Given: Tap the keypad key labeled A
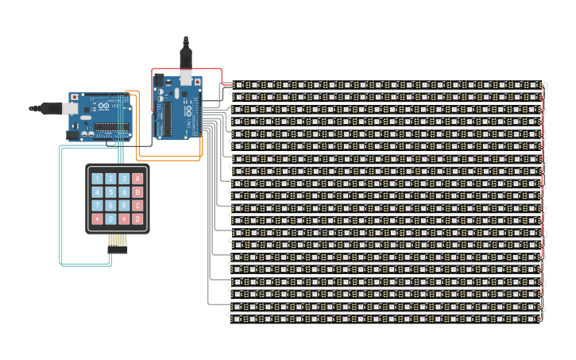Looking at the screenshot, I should tap(137, 179).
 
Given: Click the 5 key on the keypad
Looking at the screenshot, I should tap(111, 192).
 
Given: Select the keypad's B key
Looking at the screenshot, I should tap(137, 192).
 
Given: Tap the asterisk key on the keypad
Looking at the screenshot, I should tap(98, 219).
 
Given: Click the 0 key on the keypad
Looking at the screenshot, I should tap(111, 219).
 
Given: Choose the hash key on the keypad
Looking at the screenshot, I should tap(124, 219).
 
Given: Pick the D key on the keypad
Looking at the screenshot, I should tap(137, 219).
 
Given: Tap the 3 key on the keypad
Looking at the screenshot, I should tap(124, 179).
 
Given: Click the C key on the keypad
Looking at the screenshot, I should tap(137, 206).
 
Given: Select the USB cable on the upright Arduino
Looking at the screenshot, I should tap(186, 54).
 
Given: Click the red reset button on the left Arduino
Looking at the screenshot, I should tap(75, 97).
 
